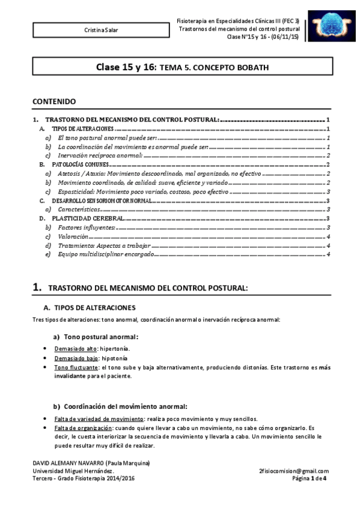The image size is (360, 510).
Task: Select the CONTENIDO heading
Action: click(x=54, y=102)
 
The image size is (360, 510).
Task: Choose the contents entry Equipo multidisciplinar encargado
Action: click(x=99, y=255)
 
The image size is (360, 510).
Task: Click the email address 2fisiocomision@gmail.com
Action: click(x=294, y=470)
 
